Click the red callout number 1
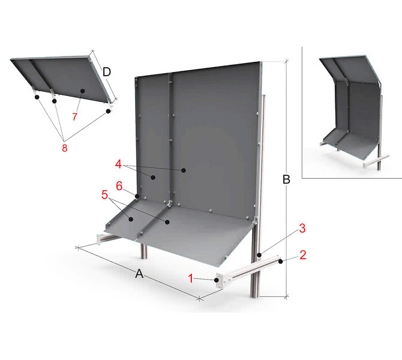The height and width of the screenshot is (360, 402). coord(190,278)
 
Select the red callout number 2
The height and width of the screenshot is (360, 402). coord(303,255)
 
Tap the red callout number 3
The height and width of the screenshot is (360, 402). coord(302,228)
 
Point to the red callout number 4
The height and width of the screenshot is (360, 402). coord(118,164)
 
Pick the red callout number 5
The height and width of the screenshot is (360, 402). coord(104,194)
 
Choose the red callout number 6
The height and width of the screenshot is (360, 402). coord(119,186)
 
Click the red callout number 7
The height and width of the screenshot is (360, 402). coord(74,116)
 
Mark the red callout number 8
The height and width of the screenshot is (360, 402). coord(65,148)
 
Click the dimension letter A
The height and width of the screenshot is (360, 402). coord(139,274)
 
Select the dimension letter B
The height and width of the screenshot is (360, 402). coord(286,179)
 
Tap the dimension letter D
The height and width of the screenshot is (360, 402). coord(107,72)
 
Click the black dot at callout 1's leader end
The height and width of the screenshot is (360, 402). coord(217,280)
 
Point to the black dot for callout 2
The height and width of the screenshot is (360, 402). coord(281,261)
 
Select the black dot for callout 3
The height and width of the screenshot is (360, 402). coord(259,255)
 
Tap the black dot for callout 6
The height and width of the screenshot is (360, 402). coord(137,196)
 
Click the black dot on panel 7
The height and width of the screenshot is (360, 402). coord(82,91)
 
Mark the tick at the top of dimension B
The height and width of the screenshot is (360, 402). coord(286,61)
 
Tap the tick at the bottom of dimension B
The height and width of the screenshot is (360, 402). coord(286,296)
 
